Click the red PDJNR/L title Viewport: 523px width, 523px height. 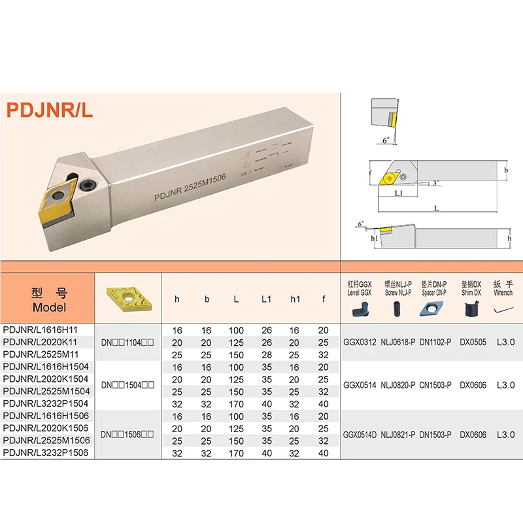50,109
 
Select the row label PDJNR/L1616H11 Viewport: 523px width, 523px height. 40,331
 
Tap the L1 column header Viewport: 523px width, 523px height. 266,299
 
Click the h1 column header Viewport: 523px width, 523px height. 295,299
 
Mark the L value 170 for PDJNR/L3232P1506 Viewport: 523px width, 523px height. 236,452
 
